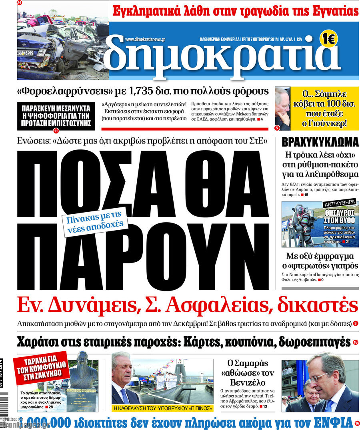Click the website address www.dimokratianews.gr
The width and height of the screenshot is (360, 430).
click(145, 40)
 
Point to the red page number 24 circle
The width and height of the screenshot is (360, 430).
click(20, 3)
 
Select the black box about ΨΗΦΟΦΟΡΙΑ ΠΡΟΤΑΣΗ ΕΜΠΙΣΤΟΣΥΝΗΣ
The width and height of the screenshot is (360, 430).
click(56, 116)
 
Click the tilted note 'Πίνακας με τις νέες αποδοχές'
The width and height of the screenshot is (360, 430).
click(95, 222)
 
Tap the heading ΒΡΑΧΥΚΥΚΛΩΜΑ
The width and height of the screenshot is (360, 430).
click(320, 142)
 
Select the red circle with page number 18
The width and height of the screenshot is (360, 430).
click(356, 342)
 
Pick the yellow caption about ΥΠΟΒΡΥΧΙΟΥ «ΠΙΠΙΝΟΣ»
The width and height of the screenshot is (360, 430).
click(162, 408)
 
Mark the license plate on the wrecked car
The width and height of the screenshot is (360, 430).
click(25, 53)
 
